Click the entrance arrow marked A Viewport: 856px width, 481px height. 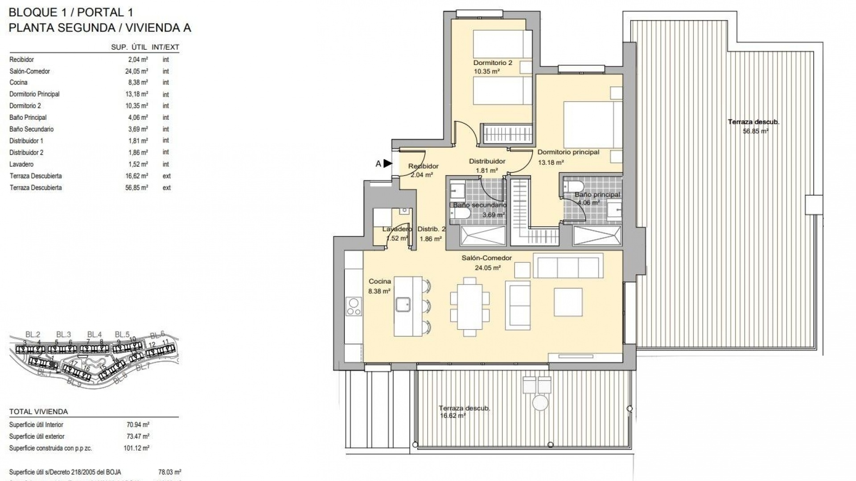[x=387, y=163]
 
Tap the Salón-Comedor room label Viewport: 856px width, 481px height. [x=486, y=258]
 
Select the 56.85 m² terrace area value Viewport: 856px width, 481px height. [x=755, y=131]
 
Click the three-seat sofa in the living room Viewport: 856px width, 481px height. [x=568, y=266]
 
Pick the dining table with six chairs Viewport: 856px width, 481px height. [x=469, y=306]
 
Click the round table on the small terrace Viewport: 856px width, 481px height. [x=540, y=403]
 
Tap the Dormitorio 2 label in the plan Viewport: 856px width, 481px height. [x=493, y=63]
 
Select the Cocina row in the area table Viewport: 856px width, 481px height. [x=19, y=82]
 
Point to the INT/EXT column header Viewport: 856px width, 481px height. [x=165, y=47]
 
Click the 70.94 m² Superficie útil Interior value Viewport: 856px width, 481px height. [x=138, y=425]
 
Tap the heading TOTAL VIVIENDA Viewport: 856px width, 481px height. [x=38, y=412]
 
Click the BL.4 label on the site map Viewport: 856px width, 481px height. [x=94, y=334]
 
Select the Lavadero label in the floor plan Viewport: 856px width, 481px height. [x=396, y=229]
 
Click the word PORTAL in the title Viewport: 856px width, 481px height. [x=95, y=12]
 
